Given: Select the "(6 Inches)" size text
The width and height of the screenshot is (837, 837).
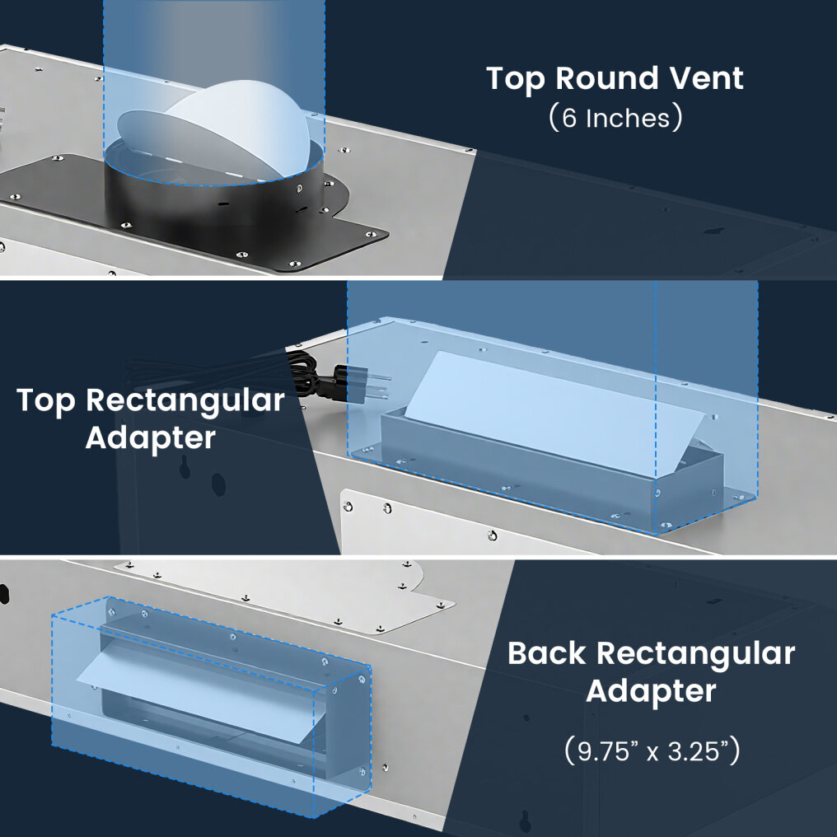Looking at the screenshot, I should [x=615, y=118].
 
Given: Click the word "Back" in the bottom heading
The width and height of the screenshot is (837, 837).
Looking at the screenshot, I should [x=547, y=653].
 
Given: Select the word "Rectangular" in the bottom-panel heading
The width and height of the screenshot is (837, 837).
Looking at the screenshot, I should [x=695, y=653].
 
